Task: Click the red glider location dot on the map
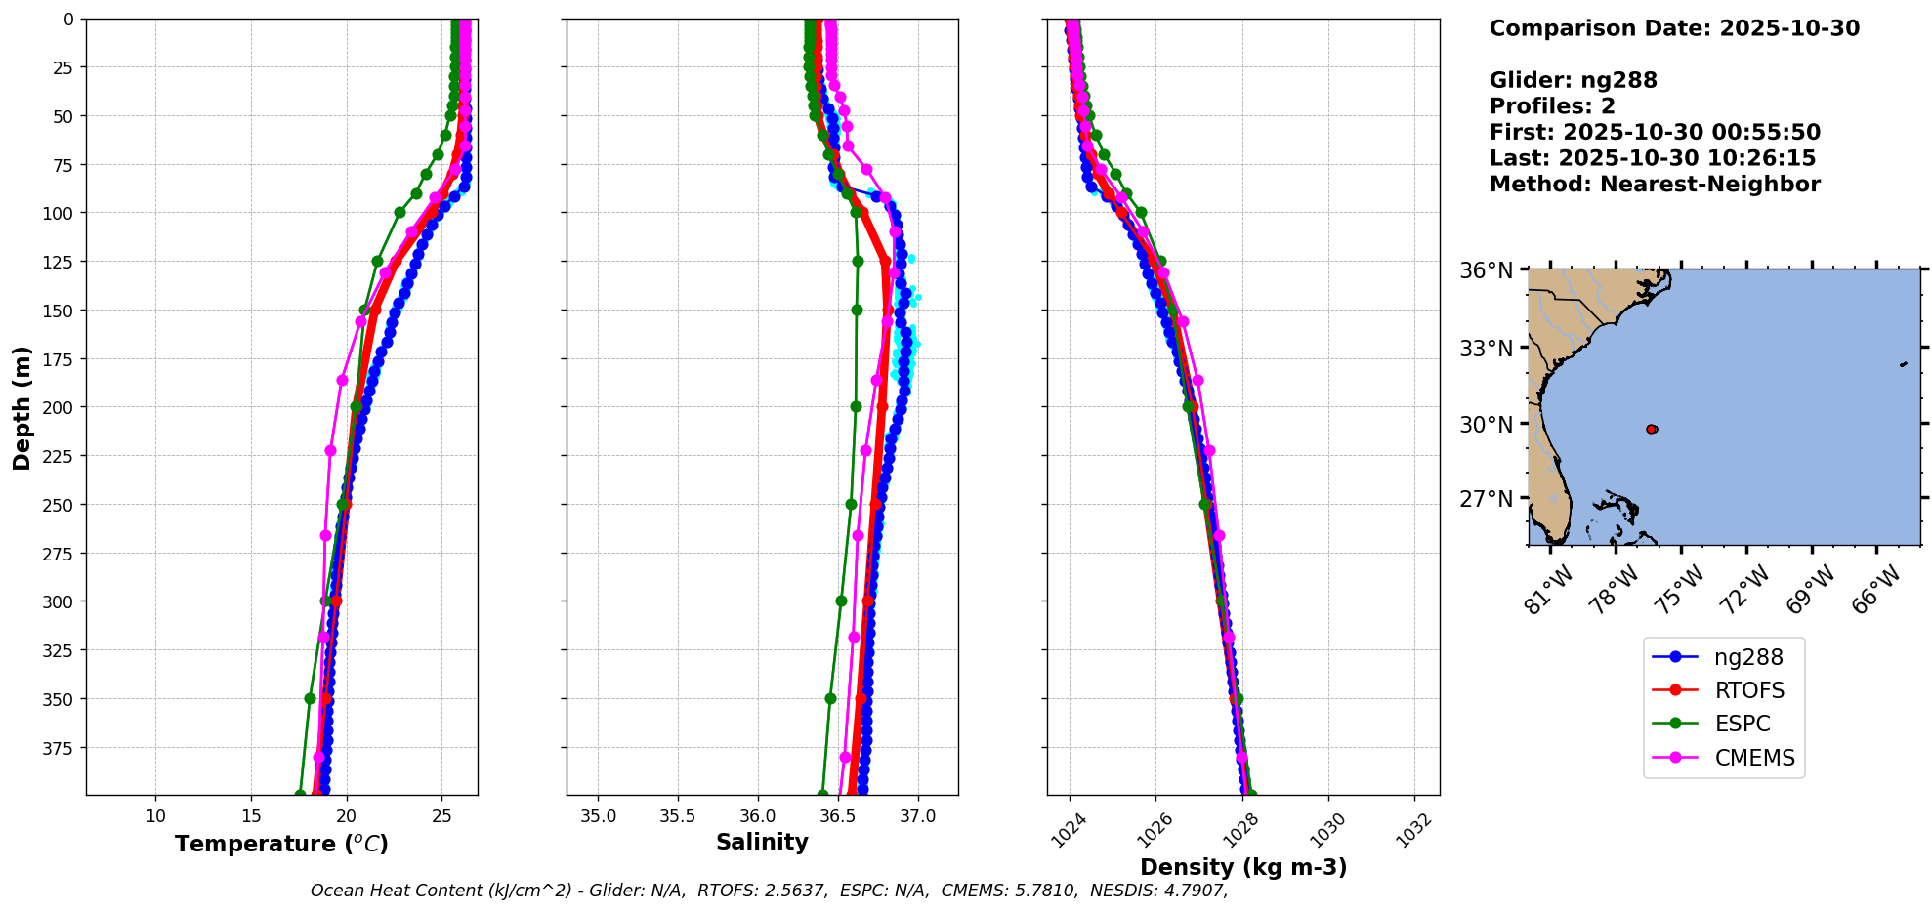click(x=1652, y=429)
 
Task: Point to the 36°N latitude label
click(x=1486, y=270)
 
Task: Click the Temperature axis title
click(x=281, y=844)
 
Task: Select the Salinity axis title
click(x=762, y=842)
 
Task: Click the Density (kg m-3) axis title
click(x=1242, y=867)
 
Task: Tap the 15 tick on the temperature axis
click(x=251, y=815)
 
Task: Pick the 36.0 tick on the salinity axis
click(x=757, y=815)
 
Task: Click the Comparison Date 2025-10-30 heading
click(x=1674, y=28)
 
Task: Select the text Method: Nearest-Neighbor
click(x=1655, y=185)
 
